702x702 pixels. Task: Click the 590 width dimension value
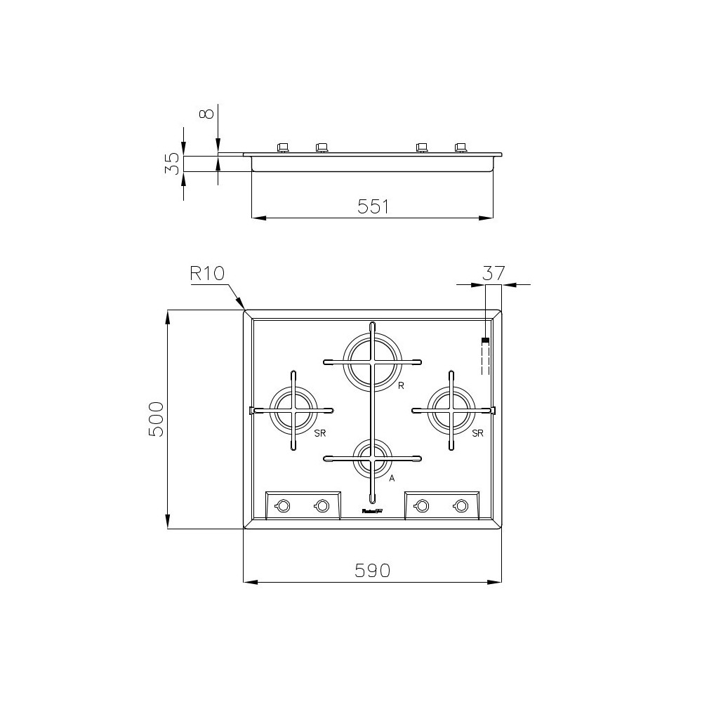click(372, 571)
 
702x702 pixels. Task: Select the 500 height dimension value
click(156, 419)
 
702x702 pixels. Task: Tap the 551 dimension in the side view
click(373, 206)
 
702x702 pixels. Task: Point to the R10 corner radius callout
click(206, 273)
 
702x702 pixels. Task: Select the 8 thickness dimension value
click(206, 112)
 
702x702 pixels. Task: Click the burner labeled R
click(372, 362)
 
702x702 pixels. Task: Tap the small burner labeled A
click(372, 459)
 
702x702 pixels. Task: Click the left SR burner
click(293, 410)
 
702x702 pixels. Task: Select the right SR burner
click(451, 410)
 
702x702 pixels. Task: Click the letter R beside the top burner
click(399, 386)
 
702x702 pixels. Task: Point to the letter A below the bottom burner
click(392, 478)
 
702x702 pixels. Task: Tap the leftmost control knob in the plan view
click(283, 505)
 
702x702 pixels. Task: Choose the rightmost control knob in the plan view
click(461, 505)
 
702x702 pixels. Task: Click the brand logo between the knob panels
click(372, 512)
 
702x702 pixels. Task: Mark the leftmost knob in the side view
click(283, 147)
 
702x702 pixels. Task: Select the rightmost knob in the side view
click(461, 147)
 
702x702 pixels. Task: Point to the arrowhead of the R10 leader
click(244, 308)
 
